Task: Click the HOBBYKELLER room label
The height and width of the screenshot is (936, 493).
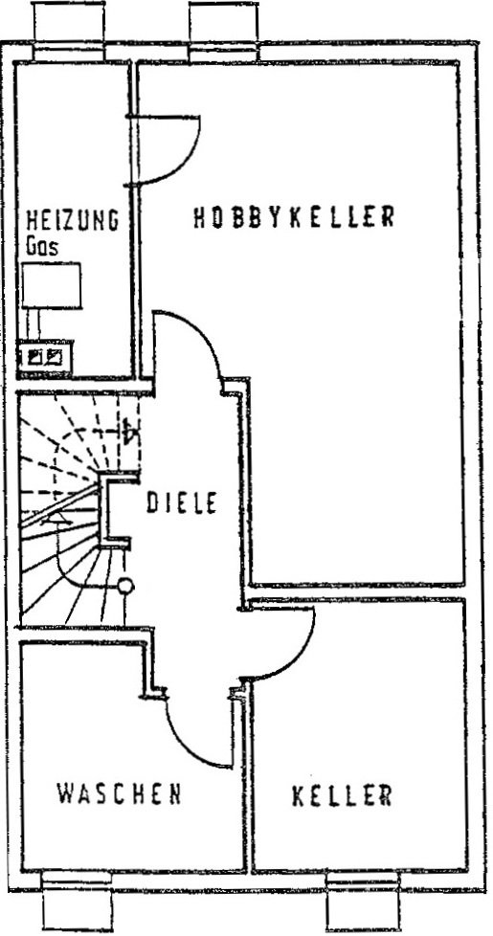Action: pos(294,216)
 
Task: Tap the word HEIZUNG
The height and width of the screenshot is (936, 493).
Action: pos(72,220)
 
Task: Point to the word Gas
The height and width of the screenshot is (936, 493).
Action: pos(42,246)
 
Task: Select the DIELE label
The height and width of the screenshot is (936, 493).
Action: pos(182,502)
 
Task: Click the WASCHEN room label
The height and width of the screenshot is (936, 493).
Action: pos(119,793)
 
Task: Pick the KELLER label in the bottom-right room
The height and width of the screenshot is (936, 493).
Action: pos(342,795)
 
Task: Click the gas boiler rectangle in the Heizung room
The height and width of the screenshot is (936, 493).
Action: pos(52,285)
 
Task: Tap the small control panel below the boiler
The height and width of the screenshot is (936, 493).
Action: pos(45,357)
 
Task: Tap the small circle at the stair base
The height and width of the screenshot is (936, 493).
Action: pos(125,586)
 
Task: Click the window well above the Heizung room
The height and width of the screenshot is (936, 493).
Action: pos(69,31)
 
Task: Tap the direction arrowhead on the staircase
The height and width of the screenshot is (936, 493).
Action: pos(57,518)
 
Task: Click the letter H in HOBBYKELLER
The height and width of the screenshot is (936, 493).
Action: pos(199,217)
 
